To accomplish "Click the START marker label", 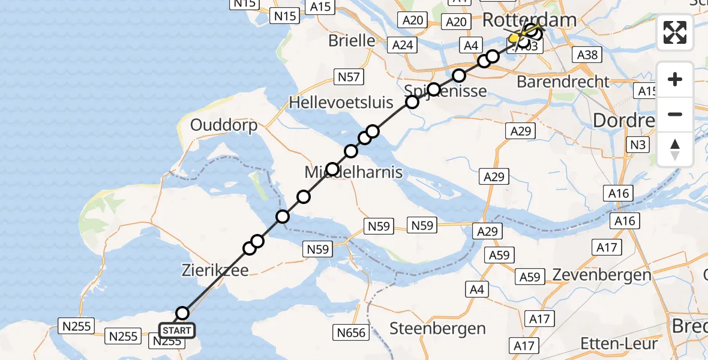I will tap(177, 331).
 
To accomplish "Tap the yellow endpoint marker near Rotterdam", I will tap(514, 39).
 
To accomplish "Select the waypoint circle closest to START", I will tap(182, 313).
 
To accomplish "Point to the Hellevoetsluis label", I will tap(341, 102).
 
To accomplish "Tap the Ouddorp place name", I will tap(224, 125).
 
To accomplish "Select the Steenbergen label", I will tap(437, 328).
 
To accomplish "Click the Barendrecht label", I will tap(563, 82).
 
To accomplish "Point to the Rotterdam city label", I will tap(529, 20).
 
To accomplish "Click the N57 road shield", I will tap(348, 76).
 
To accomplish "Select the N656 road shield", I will tap(351, 331).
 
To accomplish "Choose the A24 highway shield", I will tap(403, 44).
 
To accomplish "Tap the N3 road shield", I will tap(637, 145).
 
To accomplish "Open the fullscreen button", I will tap(675, 32).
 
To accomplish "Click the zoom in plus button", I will tap(675, 79).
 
